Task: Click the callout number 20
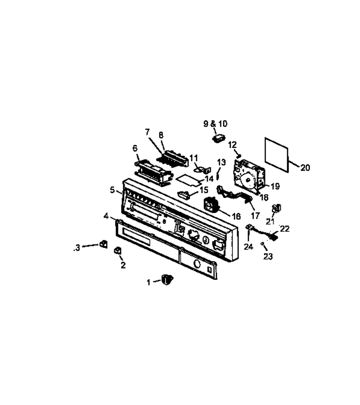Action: [x=305, y=168]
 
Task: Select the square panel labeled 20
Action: [x=277, y=154]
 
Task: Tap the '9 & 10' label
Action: [x=216, y=124]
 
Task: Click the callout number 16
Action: [x=236, y=216]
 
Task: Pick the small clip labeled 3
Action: [x=103, y=244]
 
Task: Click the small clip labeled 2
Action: [x=118, y=251]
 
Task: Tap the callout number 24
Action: [x=248, y=247]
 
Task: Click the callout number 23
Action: [x=268, y=256]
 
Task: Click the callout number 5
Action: [x=112, y=190]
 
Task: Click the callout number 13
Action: [x=221, y=162]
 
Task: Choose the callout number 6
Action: [x=135, y=148]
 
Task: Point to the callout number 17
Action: [x=255, y=216]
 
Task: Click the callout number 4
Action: [x=106, y=216]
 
